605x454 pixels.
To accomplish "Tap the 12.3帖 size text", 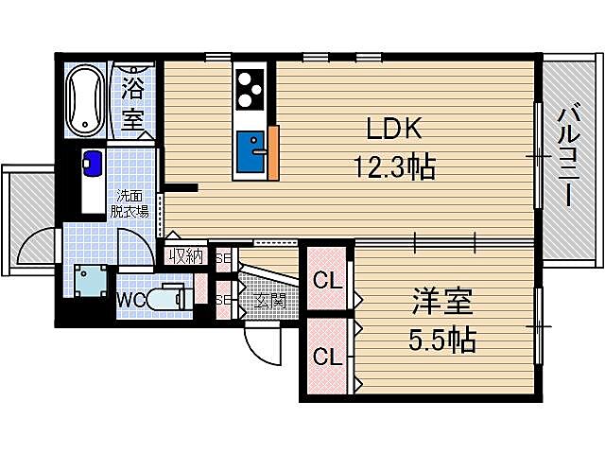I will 394,168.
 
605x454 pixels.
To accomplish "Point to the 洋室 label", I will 442,305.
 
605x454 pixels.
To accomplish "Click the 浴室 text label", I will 133,106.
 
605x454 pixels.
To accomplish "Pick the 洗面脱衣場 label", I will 130,204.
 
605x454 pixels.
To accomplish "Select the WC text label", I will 130,300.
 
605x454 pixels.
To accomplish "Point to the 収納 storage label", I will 186,255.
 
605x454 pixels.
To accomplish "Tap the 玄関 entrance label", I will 269,301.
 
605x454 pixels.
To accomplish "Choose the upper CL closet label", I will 327,281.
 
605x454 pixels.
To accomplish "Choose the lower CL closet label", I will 327,357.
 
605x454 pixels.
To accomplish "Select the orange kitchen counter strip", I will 273,151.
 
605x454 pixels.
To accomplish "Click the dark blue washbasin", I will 92,163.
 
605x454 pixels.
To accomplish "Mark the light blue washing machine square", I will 92,282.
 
